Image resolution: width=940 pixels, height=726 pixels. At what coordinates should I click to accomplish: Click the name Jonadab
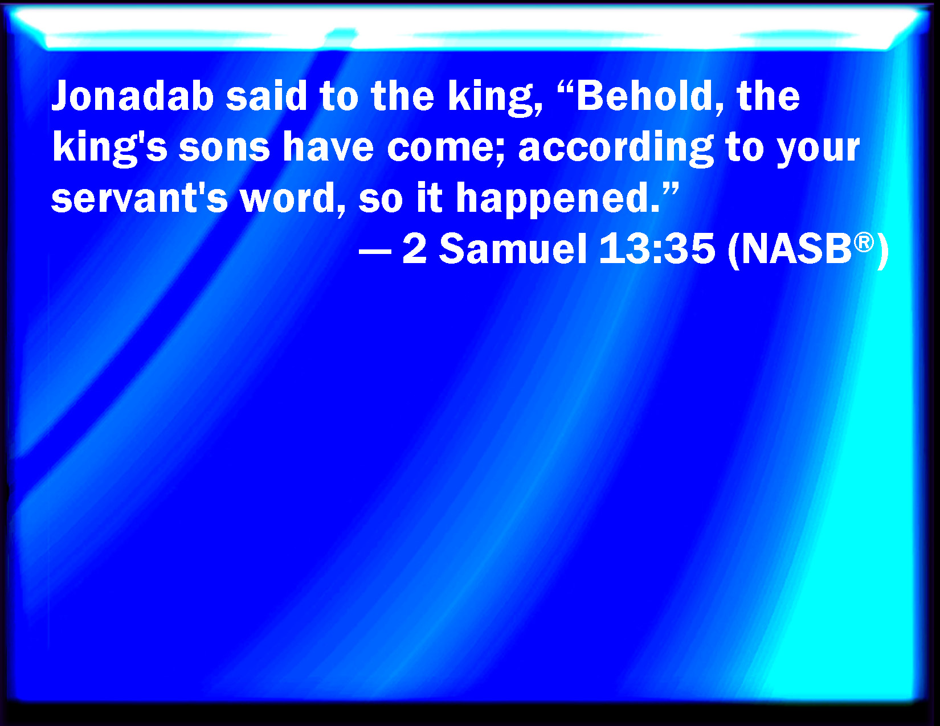point(133,96)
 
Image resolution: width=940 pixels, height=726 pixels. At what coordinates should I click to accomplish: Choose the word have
point(328,147)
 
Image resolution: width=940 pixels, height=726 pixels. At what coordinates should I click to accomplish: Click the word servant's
point(140,198)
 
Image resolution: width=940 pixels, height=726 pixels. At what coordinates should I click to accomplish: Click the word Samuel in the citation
point(513,249)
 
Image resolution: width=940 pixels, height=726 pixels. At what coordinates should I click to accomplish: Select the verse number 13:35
point(657,249)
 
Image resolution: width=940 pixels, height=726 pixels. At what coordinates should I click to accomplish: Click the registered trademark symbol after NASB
point(864,241)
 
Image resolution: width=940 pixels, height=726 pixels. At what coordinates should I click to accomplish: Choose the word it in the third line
point(430,198)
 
